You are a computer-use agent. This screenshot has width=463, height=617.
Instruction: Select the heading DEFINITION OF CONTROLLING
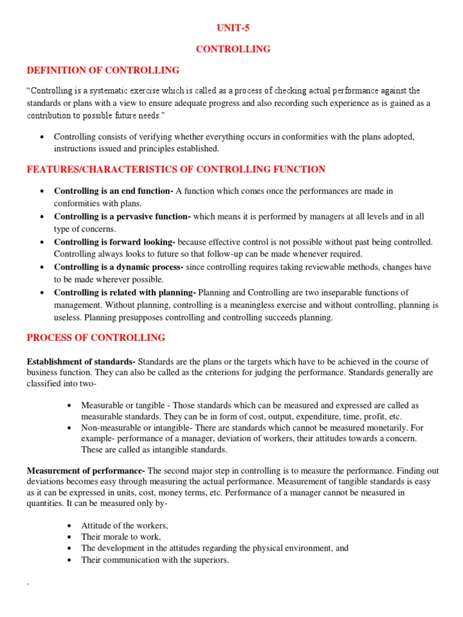(103, 70)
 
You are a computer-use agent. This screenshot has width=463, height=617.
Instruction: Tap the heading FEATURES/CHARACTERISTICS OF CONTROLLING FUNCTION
(176, 169)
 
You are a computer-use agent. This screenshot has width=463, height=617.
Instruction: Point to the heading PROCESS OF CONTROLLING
(96, 337)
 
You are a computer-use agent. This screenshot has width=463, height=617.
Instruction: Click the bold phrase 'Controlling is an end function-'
(113, 191)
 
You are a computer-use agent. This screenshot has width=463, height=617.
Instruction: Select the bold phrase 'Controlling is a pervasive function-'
(122, 216)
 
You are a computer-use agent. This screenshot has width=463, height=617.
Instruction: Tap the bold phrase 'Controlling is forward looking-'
(115, 242)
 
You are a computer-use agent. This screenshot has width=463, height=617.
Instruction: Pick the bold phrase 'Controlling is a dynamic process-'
(119, 267)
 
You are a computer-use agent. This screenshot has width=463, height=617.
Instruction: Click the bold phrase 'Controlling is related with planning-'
(125, 292)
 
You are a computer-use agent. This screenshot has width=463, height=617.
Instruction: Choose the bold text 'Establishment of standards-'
(82, 362)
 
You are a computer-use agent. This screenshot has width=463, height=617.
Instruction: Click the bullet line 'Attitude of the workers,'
(124, 525)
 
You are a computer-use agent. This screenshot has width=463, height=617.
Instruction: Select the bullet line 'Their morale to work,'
(121, 537)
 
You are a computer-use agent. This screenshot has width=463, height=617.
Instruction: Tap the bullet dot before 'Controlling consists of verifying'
(42, 137)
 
